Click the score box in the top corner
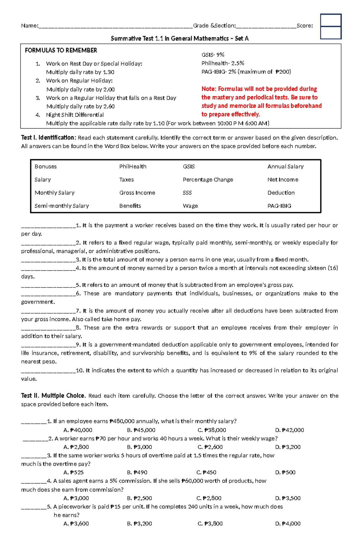click(x=331, y=26)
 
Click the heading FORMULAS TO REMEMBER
click(x=61, y=50)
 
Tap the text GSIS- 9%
click(x=213, y=55)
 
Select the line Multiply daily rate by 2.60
click(x=80, y=106)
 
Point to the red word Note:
click(x=209, y=89)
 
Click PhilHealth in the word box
click(x=133, y=167)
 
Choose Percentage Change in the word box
click(x=208, y=180)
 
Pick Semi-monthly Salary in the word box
click(x=61, y=206)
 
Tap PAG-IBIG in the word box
click(x=279, y=206)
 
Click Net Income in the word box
click(x=283, y=180)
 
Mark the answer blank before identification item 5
click(x=48, y=285)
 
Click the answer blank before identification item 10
click(x=48, y=371)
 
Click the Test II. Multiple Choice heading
click(x=53, y=396)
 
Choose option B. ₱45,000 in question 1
click(x=141, y=430)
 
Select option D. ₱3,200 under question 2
click(x=288, y=447)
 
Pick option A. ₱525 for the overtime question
click(x=73, y=473)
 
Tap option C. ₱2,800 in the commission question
click(x=209, y=498)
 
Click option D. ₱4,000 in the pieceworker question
click(x=288, y=524)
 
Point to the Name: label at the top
click(x=29, y=26)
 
